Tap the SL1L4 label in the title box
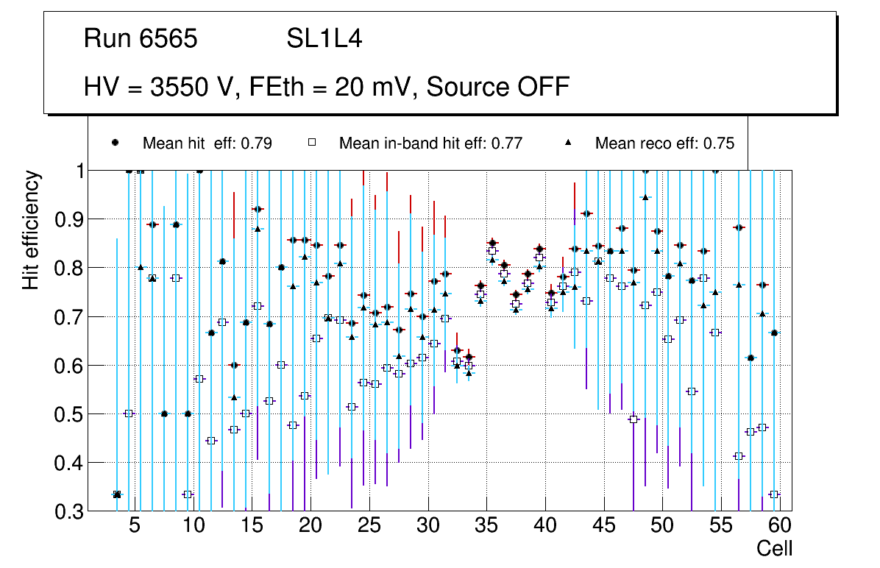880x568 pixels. pyautogui.click(x=324, y=38)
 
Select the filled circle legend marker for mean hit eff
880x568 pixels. pyautogui.click(x=116, y=143)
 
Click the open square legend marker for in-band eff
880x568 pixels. pyautogui.click(x=312, y=143)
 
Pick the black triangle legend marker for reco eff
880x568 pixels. pyautogui.click(x=568, y=143)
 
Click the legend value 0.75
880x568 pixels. pyautogui.click(x=719, y=143)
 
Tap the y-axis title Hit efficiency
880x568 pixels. pyautogui.click(x=31, y=230)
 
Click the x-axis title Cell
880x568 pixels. pyautogui.click(x=775, y=548)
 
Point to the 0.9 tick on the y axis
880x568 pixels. pyautogui.click(x=68, y=219)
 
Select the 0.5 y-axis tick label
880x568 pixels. pyautogui.click(x=68, y=414)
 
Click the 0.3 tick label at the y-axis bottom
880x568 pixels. pyautogui.click(x=68, y=511)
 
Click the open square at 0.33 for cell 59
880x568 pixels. pyautogui.click(x=774, y=494)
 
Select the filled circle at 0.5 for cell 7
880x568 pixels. pyautogui.click(x=164, y=413)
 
